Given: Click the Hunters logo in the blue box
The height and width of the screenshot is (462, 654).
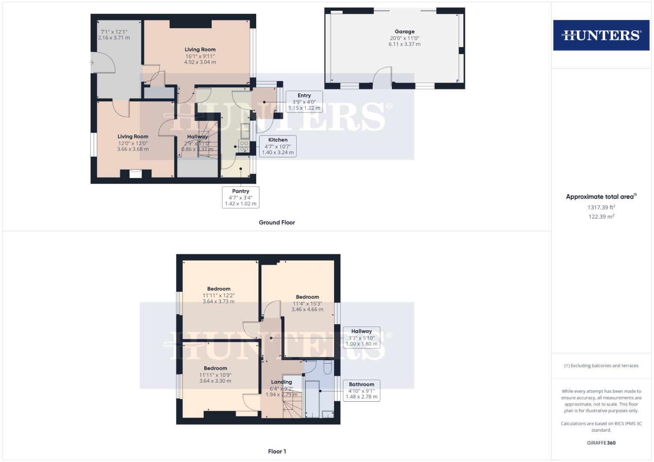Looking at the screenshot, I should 601,35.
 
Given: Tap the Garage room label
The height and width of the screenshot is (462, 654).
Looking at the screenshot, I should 404,32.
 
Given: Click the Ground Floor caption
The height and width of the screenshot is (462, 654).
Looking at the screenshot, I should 277,222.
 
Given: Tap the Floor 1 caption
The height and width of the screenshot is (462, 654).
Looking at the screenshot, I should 277,451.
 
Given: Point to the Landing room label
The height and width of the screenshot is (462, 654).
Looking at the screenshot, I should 281,382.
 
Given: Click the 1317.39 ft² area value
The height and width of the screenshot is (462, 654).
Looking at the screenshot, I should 601,207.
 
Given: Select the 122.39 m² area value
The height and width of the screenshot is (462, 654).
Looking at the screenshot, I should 601,216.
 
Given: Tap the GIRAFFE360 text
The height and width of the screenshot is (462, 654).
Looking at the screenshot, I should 601,443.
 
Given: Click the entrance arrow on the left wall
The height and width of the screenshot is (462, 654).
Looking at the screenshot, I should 91,63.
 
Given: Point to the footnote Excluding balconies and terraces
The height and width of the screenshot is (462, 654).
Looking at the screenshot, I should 601,366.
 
